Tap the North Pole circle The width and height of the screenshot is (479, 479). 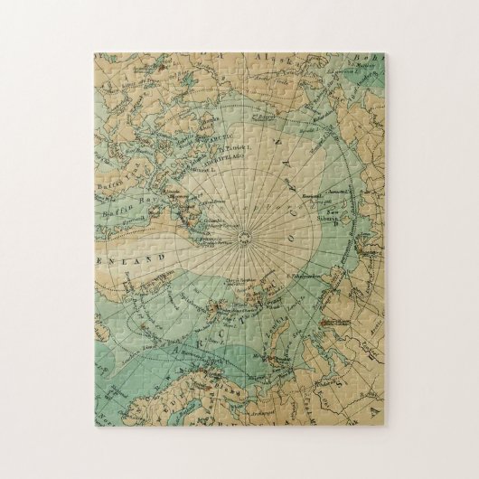(x=244, y=237)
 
